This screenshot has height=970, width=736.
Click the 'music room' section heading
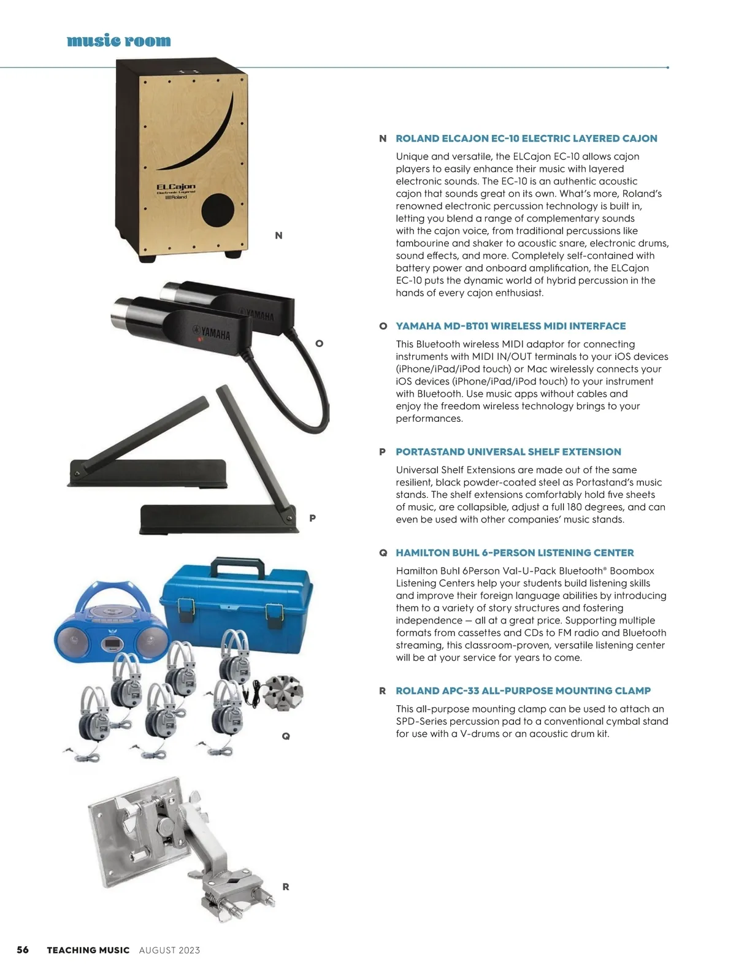pos(118,40)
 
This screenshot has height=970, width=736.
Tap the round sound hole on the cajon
pos(218,210)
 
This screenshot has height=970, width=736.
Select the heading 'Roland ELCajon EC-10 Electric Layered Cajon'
pos(526,139)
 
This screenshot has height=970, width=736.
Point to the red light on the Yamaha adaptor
pos(200,340)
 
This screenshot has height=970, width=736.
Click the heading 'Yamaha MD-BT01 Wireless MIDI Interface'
pos(510,326)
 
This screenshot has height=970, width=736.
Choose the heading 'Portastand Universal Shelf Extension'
pos(508,452)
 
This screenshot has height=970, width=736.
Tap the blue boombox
pos(113,623)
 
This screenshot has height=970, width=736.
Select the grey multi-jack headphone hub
pos(283,692)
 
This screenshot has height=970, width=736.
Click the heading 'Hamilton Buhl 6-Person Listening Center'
pos(515,552)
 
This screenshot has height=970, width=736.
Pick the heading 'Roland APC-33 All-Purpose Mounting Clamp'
pos(523,690)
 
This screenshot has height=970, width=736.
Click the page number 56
pos(23,949)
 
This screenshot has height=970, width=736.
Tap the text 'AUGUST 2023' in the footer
pos(169,950)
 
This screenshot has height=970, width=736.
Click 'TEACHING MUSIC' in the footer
pos(88,950)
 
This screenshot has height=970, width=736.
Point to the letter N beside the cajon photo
pos(278,235)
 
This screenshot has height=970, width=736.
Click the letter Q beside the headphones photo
pos(286,736)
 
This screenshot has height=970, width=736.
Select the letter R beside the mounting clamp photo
pos(286,887)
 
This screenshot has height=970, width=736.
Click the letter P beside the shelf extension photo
pos(313,518)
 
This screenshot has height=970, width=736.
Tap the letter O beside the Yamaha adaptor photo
pos(319,343)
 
